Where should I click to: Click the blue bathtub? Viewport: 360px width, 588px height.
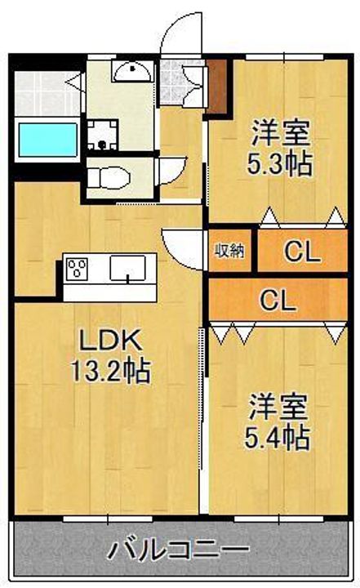47,138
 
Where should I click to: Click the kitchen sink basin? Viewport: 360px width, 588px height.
127,267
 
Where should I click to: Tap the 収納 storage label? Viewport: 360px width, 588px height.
229,251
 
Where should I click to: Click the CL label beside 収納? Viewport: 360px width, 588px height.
301,252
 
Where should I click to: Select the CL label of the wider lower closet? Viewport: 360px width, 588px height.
278,301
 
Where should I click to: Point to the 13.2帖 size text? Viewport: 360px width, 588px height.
112,372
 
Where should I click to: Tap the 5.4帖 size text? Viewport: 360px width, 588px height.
278,438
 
